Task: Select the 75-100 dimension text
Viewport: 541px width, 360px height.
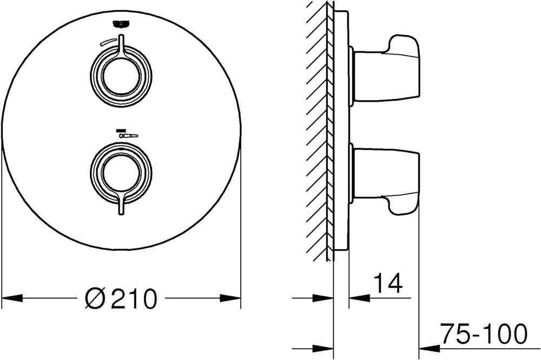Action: click(x=484, y=333)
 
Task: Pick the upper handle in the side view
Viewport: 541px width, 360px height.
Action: click(x=386, y=69)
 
